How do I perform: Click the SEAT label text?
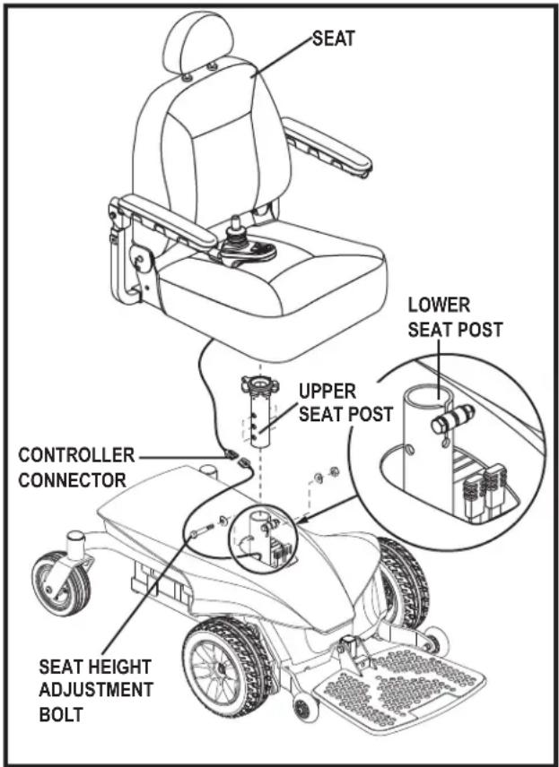(333, 39)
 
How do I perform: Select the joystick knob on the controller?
(237, 225)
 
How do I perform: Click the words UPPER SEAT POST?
(345, 402)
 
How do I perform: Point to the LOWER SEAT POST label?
(455, 317)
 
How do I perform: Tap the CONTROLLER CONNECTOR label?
(76, 467)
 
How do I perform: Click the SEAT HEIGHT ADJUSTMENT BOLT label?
(95, 690)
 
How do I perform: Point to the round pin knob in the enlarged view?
(453, 418)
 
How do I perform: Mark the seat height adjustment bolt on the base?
(202, 531)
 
